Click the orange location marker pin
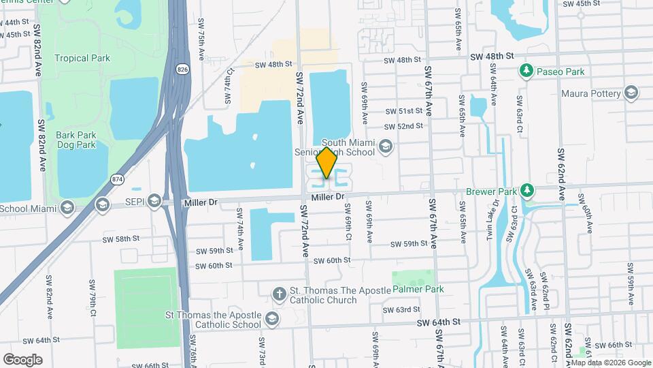click(x=327, y=163)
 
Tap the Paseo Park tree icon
click(x=526, y=71)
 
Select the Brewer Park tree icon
click(x=526, y=190)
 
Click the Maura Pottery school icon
click(x=631, y=93)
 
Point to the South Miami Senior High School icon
click(x=386, y=146)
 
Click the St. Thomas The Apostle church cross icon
click(x=278, y=294)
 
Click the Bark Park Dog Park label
click(x=76, y=140)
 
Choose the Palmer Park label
click(x=418, y=289)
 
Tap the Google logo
click(x=22, y=359)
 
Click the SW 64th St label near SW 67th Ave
click(x=439, y=322)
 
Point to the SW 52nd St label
click(x=404, y=126)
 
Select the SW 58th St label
click(x=120, y=239)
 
